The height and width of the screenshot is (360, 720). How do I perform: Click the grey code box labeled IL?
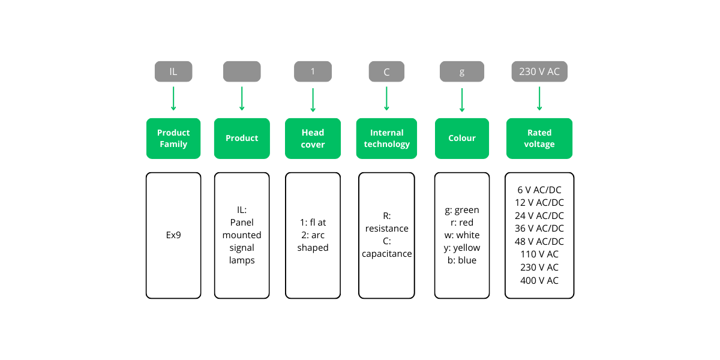173,71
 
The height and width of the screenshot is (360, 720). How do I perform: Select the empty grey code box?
242,71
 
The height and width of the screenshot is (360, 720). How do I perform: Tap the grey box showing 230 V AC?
539,71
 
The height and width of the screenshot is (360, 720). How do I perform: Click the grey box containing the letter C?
386,71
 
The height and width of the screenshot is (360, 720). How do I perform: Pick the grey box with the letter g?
461,71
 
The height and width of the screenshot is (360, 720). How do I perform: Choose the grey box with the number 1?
313,71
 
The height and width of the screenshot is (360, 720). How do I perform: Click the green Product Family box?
173,138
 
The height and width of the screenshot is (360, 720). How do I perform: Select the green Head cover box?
313,138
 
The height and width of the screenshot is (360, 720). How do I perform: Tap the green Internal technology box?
386,138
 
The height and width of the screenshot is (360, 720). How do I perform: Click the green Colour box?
461,138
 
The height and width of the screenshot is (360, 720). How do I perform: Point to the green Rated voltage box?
539,138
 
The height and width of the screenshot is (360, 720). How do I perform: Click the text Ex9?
173,235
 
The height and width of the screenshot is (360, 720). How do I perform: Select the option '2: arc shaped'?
313,241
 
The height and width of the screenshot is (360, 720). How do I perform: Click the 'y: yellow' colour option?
461,248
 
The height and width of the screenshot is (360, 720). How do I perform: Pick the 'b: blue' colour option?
461,260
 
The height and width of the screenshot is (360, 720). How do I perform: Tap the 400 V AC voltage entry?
539,280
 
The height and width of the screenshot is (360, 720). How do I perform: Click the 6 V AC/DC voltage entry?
539,190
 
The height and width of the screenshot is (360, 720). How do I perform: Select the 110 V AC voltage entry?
539,254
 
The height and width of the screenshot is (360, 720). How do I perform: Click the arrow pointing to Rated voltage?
539,98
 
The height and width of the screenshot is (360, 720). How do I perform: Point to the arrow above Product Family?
173,98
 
